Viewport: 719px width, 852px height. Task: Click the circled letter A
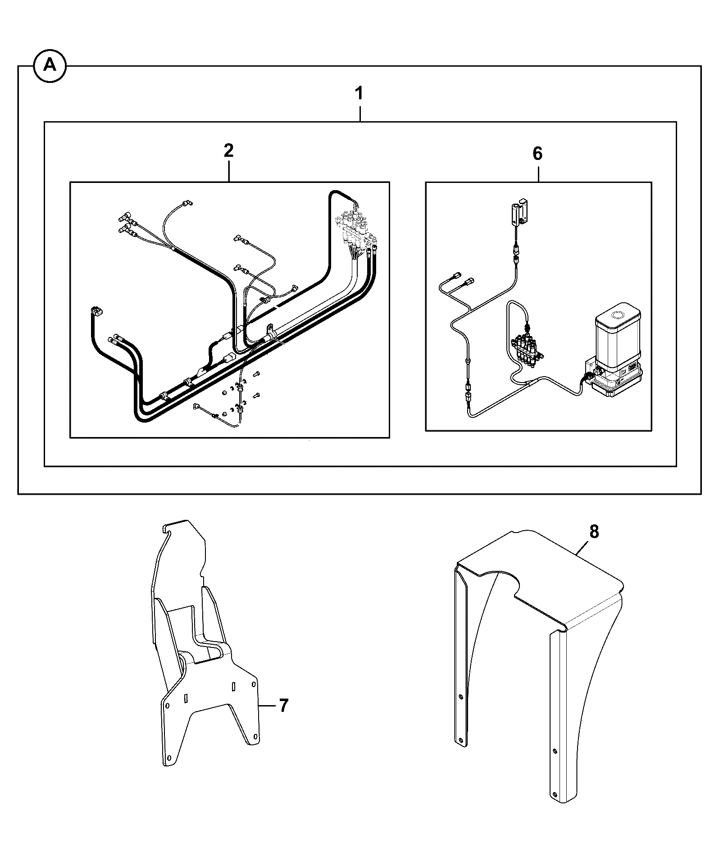tap(50, 66)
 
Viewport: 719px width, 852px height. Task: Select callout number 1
tap(359, 95)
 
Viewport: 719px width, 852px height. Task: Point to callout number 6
tap(537, 154)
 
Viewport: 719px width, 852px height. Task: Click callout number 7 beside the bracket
tap(282, 705)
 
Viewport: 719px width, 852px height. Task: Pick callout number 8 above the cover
tap(594, 532)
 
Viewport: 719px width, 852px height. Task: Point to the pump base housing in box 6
tap(615, 378)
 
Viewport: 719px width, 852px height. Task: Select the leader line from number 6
tap(538, 172)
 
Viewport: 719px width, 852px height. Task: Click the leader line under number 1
tap(359, 113)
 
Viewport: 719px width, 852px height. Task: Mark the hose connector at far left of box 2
tap(96, 311)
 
